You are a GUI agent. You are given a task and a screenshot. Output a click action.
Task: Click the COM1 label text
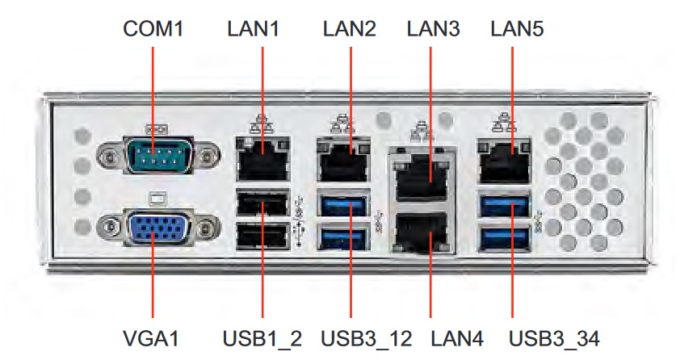[x=153, y=29]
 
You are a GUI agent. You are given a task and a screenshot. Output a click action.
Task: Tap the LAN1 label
[x=254, y=29]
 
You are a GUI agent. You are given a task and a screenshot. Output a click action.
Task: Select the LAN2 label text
[x=350, y=29]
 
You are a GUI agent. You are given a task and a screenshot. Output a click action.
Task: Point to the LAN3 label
[x=434, y=29]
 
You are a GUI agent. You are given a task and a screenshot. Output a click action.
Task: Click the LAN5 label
[x=517, y=29]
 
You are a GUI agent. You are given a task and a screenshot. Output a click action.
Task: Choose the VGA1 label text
[x=151, y=338]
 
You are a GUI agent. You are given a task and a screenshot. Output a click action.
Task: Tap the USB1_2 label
[x=262, y=338]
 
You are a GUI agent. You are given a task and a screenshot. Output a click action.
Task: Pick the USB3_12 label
[x=367, y=338]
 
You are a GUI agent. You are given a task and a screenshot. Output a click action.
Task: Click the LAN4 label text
[x=457, y=338]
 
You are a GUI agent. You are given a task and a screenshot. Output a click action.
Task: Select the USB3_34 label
[x=554, y=338]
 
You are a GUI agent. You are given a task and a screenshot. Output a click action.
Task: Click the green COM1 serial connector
[x=158, y=155]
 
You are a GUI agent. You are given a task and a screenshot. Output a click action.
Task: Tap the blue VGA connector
[x=158, y=228]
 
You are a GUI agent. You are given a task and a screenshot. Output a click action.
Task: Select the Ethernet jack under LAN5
[x=504, y=161]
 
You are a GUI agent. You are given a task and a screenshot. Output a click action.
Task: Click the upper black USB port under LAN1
[x=262, y=204]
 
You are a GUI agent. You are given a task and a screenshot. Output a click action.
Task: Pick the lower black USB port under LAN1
[x=262, y=236]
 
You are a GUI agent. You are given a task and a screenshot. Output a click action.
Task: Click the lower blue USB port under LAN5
[x=505, y=238]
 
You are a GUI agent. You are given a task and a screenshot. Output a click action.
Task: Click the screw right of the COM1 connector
[x=207, y=156]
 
